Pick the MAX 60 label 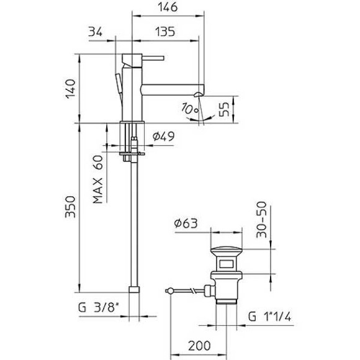point(98,180)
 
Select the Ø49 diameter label point(164,135)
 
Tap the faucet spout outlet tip point(197,94)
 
